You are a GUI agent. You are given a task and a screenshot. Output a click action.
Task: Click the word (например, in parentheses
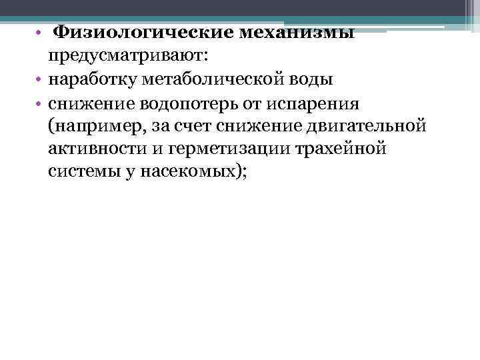tap(87, 125)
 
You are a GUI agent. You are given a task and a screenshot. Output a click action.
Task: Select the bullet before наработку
tap(39, 79)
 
